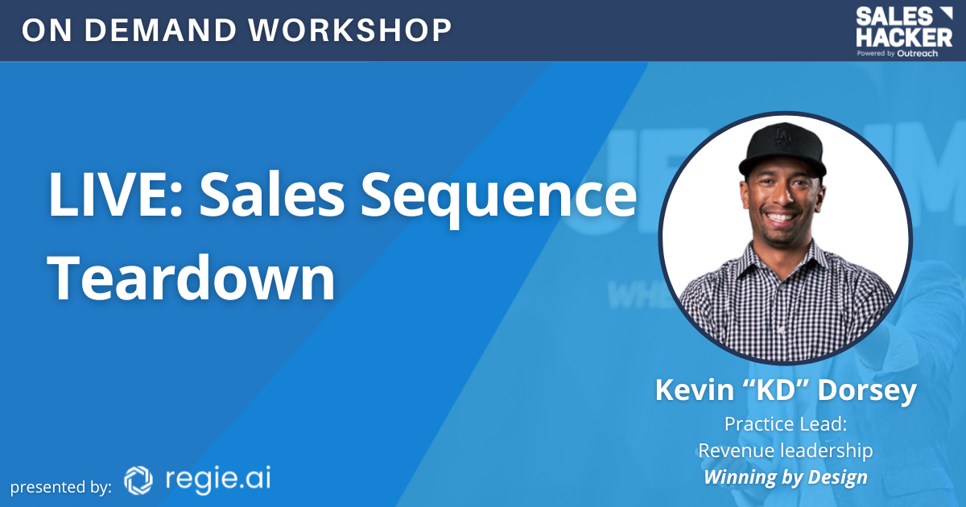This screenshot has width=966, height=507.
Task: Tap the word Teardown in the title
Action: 192,278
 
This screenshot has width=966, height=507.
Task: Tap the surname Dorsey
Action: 866,390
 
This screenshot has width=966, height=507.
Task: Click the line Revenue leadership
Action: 785,450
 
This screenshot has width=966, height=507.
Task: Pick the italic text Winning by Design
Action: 785,476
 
